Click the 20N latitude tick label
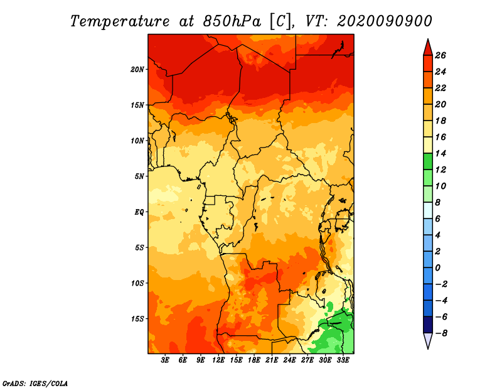pyautogui.click(x=137, y=70)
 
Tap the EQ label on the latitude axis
pyautogui.click(x=139, y=212)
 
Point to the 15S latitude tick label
pyautogui.click(x=137, y=319)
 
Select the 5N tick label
pyautogui.click(x=139, y=176)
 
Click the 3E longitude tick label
pyautogui.click(x=165, y=360)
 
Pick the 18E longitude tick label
pyautogui.click(x=254, y=360)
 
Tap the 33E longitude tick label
pyautogui.click(x=343, y=360)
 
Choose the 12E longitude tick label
pyautogui.click(x=218, y=360)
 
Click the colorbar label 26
pyautogui.click(x=441, y=55)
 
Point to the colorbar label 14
pyautogui.click(x=441, y=153)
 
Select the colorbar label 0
pyautogui.click(x=437, y=267)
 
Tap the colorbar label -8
pyautogui.click(x=441, y=333)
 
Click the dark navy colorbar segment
pyautogui.click(x=428, y=325)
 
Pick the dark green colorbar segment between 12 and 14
pyautogui.click(x=428, y=161)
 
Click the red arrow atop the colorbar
pyautogui.click(x=428, y=48)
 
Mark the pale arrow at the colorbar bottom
pyautogui.click(x=428, y=341)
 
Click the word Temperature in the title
pyautogui.click(x=119, y=21)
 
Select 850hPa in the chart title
pyautogui.click(x=232, y=21)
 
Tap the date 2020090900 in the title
pyautogui.click(x=385, y=21)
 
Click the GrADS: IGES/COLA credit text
pyautogui.click(x=35, y=384)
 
